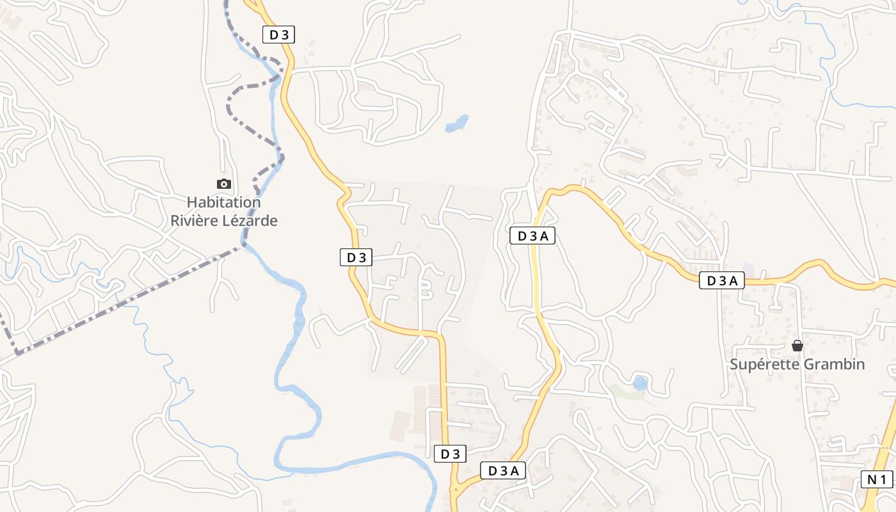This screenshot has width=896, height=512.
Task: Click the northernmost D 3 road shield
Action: point(278,35)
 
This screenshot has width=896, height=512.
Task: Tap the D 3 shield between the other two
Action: point(356,257)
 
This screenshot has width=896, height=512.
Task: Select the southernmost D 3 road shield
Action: point(450,454)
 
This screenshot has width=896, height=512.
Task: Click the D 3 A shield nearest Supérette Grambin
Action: point(721,280)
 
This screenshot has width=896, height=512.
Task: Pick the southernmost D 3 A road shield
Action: point(502,471)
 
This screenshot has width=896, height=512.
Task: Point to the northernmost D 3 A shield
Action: point(532,236)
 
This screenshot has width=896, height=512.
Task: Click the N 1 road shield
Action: point(876,479)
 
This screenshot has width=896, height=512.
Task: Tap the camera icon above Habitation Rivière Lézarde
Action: point(223,184)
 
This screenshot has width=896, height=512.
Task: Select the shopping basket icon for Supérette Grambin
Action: point(797,346)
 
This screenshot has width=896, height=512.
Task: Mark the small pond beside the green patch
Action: point(639,383)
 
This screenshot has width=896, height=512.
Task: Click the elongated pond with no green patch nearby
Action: point(457,122)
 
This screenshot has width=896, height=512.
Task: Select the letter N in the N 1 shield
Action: point(871,479)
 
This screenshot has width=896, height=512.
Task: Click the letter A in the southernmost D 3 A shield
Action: point(515,471)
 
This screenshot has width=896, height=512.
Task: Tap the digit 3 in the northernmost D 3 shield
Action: point(284,35)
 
